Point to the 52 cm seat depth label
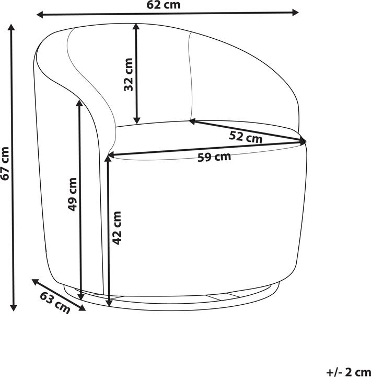click(246, 137)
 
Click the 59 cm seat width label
click(214, 157)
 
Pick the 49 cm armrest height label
click(73, 194)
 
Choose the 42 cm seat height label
click(117, 228)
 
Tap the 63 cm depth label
click(55, 303)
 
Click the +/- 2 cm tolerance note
click(347, 372)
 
